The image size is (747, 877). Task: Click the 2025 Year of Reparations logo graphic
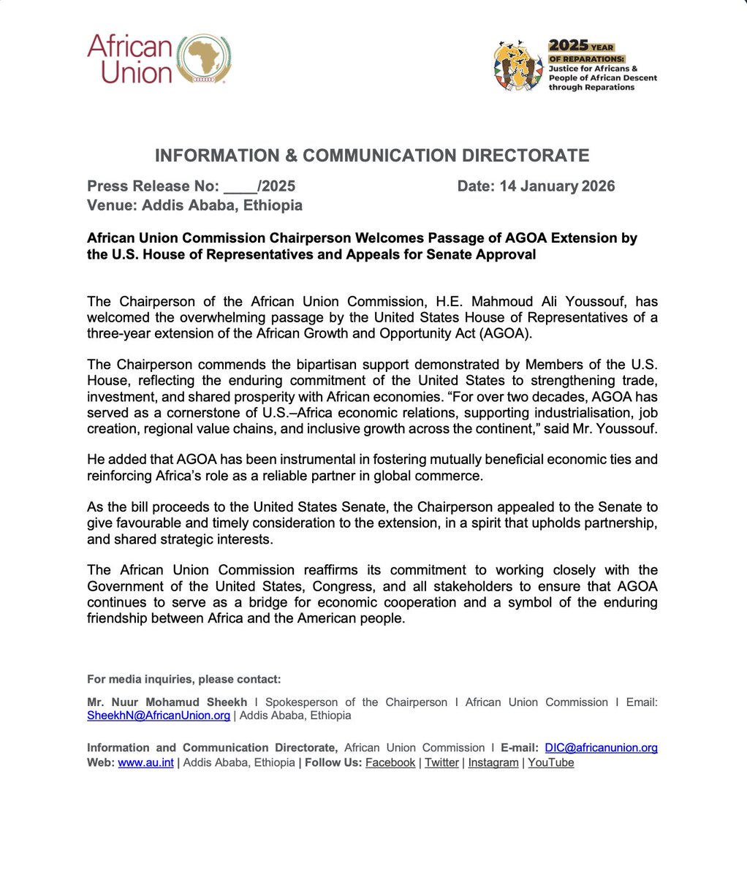tap(519, 66)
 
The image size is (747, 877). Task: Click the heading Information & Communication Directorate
tap(372, 156)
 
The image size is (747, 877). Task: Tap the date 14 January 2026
tap(557, 186)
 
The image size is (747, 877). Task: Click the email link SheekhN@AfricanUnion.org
tap(159, 716)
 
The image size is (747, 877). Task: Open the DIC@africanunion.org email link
tap(601, 748)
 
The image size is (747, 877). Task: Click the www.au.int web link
tap(145, 763)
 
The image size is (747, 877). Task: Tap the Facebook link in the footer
tap(390, 763)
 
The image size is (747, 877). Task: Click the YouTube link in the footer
tap(550, 763)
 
